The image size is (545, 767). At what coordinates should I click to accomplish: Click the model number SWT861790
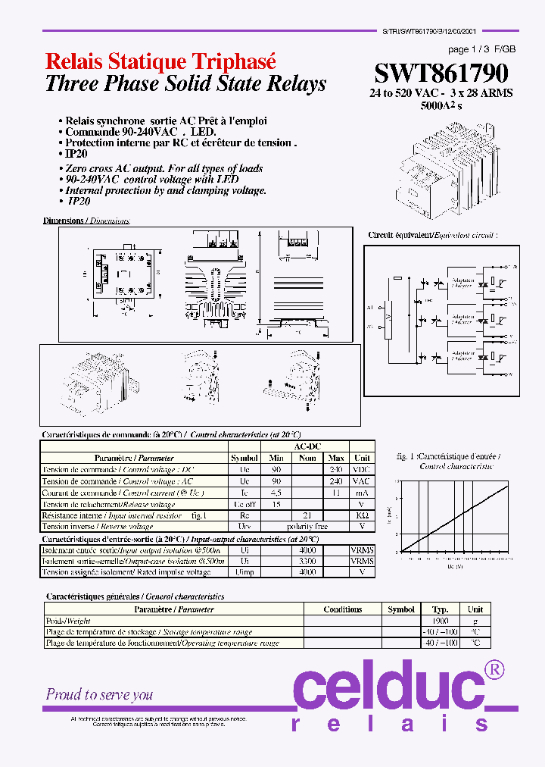coord(441,73)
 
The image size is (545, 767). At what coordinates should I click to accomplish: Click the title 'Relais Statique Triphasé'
coord(160,62)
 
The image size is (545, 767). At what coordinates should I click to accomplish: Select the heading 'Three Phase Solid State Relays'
coord(185,83)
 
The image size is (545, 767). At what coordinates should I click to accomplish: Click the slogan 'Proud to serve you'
coord(99,694)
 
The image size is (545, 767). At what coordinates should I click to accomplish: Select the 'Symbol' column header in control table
coord(244,458)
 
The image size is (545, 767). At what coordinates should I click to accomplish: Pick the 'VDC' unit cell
coord(362,469)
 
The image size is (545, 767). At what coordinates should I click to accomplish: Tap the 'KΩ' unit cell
coord(362,515)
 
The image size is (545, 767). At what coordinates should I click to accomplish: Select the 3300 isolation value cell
coord(307,561)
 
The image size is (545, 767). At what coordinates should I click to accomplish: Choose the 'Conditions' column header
coord(342,609)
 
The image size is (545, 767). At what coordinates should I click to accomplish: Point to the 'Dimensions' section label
coord(64,221)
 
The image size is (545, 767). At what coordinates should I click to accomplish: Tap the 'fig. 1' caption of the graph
coord(406,456)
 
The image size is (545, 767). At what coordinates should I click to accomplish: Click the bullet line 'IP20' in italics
coord(79,202)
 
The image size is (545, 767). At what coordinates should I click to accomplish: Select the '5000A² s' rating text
coord(441,106)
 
